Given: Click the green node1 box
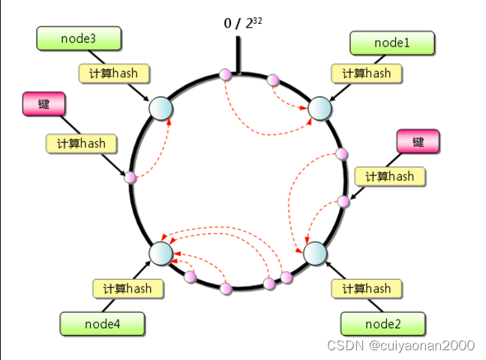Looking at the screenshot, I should (x=391, y=43).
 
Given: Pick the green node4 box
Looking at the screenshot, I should (x=103, y=323).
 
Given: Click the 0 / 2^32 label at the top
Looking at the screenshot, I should (x=242, y=23).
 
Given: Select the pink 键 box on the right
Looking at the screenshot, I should (x=417, y=141).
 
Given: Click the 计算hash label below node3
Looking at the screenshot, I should (x=114, y=73).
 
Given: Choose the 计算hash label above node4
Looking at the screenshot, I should (x=127, y=288).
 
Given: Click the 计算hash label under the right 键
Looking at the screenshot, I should (x=389, y=176).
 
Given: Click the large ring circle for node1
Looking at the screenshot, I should (x=321, y=107).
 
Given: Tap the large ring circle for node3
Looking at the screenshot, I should (x=161, y=108).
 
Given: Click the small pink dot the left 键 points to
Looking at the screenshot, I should (x=130, y=178).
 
